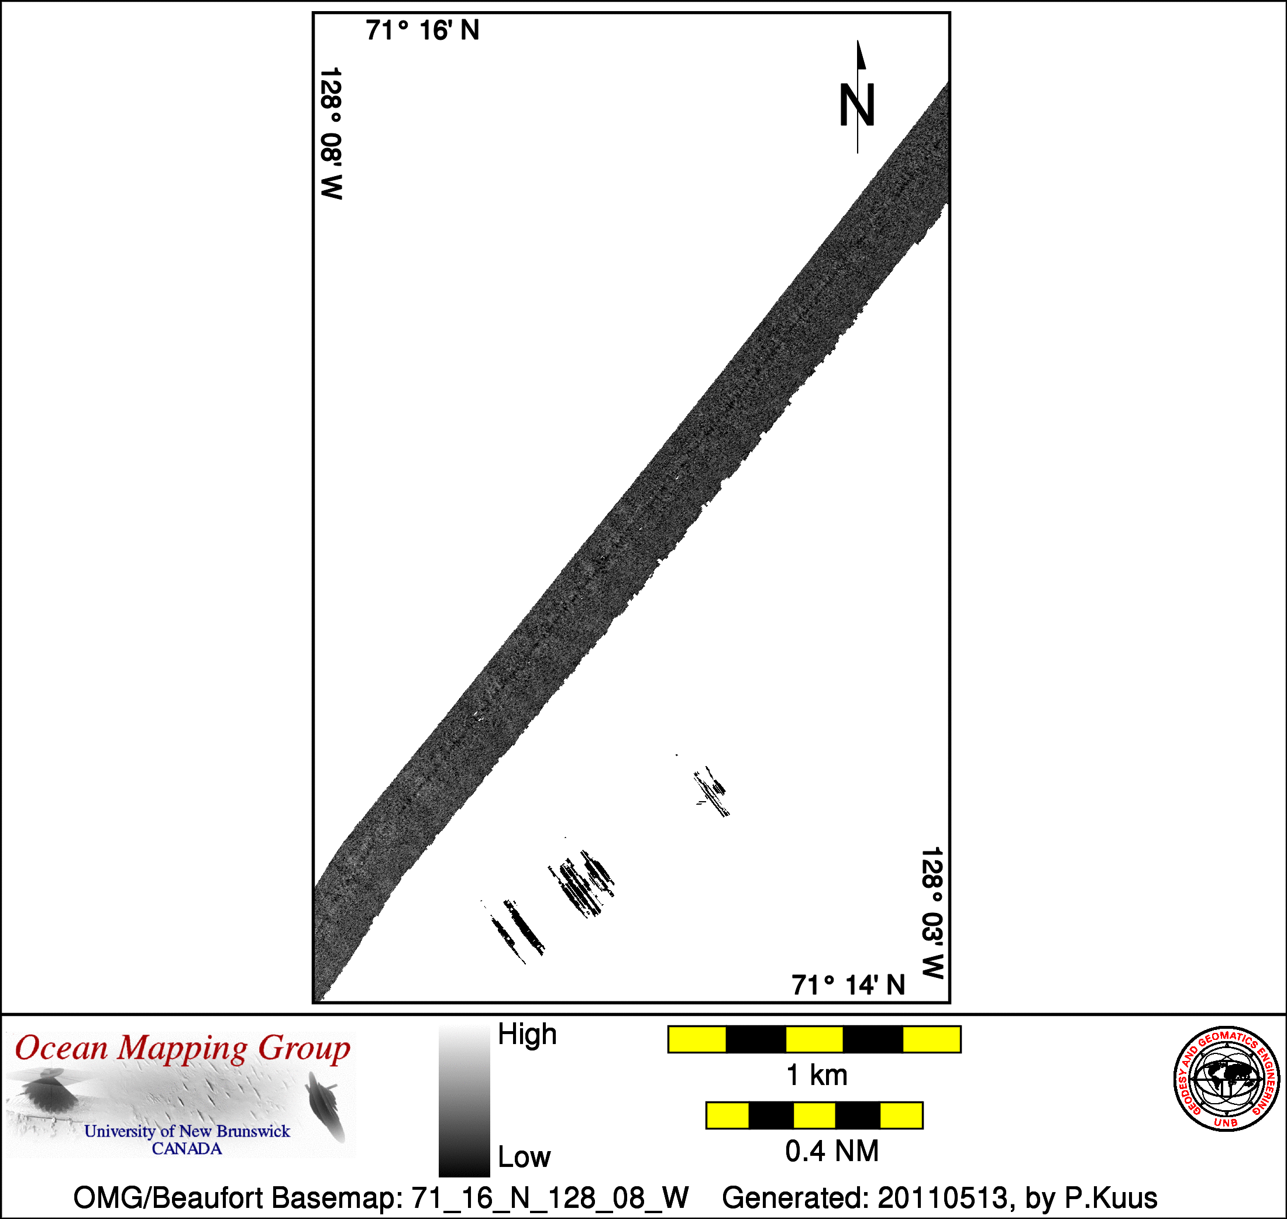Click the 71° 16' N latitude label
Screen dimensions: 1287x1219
pos(422,30)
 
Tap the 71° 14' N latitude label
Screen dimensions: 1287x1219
pos(848,985)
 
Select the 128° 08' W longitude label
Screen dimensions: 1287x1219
pos(331,133)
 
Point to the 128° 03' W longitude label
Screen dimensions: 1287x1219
pos(932,912)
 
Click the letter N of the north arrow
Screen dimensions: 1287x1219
pos(857,105)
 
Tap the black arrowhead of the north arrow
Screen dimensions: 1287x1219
pos(861,54)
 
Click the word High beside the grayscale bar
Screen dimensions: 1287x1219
pos(527,1034)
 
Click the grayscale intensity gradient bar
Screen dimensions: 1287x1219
pos(464,1101)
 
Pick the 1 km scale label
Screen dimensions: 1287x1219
pos(817,1076)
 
